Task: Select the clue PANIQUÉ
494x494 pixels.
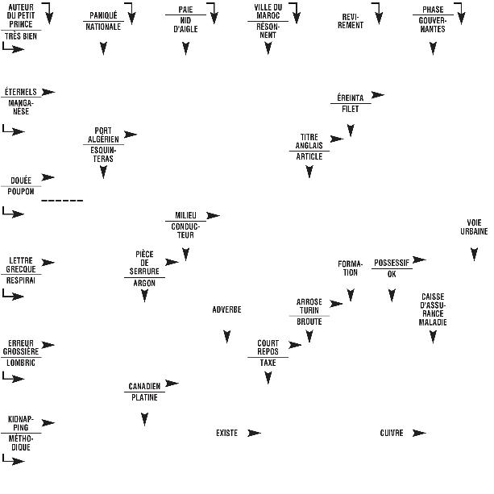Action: point(103,15)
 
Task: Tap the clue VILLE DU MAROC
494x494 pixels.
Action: point(268,11)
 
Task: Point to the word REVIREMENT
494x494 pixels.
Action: point(352,20)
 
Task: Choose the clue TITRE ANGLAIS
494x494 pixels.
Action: point(309,141)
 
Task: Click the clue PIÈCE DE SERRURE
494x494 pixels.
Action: point(145,263)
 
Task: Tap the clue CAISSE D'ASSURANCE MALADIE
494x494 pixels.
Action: point(433,309)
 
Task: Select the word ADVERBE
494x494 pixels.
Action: point(226,309)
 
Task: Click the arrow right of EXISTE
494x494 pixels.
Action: point(255,433)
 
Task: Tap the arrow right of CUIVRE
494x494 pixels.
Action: point(419,433)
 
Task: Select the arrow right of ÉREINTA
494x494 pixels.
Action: point(377,95)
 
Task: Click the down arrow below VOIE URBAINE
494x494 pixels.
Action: point(474,254)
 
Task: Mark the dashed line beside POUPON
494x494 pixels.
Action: point(62,200)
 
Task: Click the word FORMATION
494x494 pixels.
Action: point(351,268)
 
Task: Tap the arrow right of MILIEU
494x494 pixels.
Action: point(214,215)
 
